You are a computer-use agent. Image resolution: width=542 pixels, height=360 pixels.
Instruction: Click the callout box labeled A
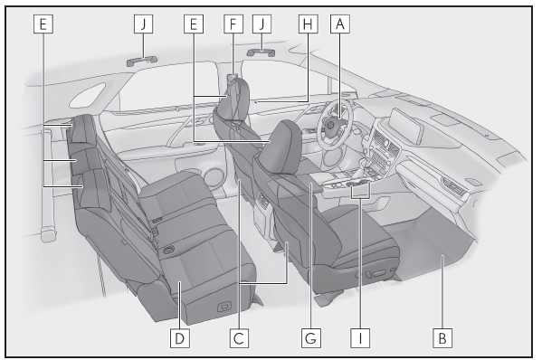coord(340,24)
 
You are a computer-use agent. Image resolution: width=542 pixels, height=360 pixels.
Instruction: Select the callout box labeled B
coord(442,338)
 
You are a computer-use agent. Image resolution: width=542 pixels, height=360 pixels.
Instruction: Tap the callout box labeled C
coord(239,338)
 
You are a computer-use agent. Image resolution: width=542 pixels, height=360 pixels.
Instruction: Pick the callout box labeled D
coord(180,338)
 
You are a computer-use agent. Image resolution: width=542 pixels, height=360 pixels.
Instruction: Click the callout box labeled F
coord(233,24)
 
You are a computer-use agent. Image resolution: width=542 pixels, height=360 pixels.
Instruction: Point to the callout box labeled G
coord(310,338)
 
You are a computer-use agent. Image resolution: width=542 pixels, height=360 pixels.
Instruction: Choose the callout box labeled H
coord(309,24)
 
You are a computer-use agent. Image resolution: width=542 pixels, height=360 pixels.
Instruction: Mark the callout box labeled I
coord(360,338)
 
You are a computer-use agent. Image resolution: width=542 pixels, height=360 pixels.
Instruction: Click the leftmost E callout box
coord(43,24)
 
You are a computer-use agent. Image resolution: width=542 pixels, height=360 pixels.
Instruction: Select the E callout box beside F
coord(194,24)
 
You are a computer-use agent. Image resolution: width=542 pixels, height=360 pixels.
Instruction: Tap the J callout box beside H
coord(262,24)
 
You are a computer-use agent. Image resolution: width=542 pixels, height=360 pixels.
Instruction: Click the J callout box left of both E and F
coord(144,24)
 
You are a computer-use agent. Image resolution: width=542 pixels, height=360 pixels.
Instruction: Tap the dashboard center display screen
coord(407,126)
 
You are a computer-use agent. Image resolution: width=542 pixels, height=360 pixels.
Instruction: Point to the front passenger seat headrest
coord(281,147)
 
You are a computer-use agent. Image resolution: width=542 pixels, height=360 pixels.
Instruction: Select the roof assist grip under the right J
coord(261,52)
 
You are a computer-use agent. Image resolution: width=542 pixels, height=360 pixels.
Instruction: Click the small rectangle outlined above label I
coord(360,190)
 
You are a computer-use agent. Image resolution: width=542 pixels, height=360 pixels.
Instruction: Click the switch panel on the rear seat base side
coord(223,307)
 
